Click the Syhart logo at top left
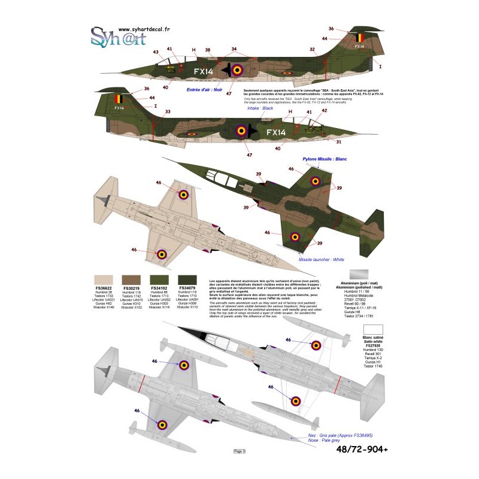pyautogui.click(x=119, y=41)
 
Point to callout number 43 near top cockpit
pyautogui.click(x=156, y=52)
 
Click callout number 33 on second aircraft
pyautogui.click(x=167, y=111)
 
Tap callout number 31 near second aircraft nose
pyautogui.click(x=338, y=142)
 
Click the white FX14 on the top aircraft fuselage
pyautogui.click(x=204, y=71)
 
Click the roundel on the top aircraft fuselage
pyautogui.click(x=238, y=70)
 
